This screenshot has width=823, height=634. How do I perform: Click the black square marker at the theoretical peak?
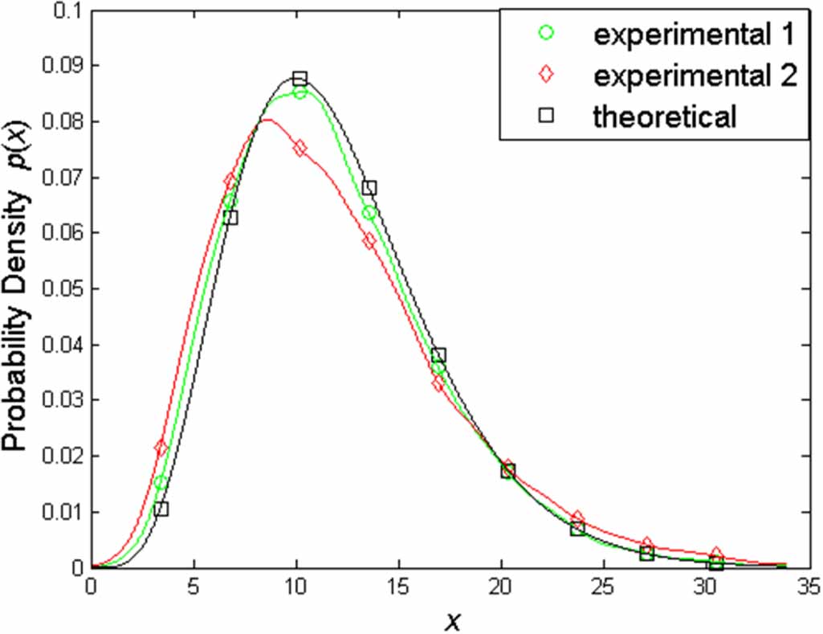pos(299,78)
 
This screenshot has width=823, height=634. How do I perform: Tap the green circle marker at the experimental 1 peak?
pos(299,92)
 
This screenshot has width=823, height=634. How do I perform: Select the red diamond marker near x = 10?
pos(299,148)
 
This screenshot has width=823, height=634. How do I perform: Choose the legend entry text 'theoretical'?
pos(664,117)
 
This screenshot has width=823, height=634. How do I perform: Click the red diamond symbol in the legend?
pos(546,75)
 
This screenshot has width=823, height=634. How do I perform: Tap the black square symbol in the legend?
pos(546,117)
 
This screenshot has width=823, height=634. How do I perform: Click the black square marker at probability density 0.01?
pos(161,509)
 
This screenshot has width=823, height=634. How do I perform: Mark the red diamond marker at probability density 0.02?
pos(161,448)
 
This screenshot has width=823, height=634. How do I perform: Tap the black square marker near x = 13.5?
pos(369,188)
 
